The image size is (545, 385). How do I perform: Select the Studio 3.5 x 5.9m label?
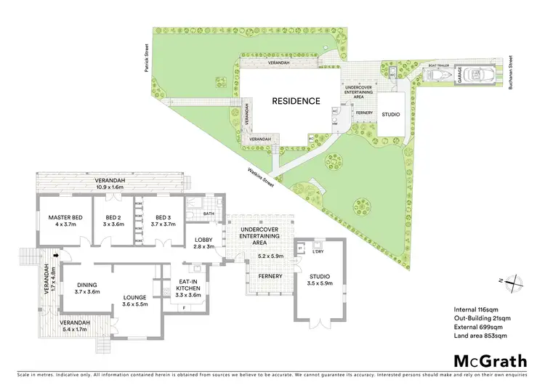320,280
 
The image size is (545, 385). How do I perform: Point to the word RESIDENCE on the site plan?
296,101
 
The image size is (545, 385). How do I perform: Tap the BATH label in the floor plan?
209,214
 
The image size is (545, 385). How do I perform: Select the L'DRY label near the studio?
317,251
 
